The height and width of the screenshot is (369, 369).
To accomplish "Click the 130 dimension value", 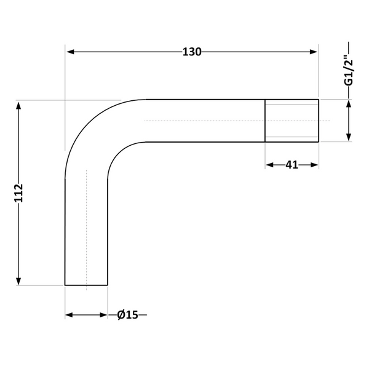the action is [192, 52].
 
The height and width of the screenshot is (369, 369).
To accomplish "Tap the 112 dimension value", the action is [18, 193].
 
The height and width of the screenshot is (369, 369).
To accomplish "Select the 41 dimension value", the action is [292, 165].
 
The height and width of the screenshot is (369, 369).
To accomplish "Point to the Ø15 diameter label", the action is [127, 315].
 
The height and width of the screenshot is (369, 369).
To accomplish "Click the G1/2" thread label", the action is [349, 70].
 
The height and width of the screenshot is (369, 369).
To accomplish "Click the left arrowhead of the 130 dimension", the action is [70, 52].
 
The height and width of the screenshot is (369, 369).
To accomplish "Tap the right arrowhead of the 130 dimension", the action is [314, 52].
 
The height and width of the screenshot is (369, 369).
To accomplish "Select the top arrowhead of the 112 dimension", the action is [18, 106].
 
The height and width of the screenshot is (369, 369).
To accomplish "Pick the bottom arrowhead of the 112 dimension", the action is [18, 281].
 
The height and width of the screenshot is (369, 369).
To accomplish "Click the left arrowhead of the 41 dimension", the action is [270, 165].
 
